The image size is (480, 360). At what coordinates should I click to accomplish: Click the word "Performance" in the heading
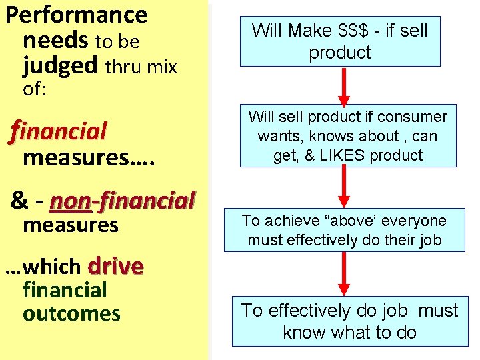point(76,14)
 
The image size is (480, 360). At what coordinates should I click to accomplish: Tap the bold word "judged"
point(60,66)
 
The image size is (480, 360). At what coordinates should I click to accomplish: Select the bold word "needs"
point(56,41)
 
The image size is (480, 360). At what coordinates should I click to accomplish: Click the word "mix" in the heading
point(164,66)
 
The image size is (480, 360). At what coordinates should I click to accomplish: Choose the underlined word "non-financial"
point(122,200)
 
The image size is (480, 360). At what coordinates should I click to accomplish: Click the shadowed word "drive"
point(115,266)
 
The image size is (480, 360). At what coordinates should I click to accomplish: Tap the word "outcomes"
point(71,313)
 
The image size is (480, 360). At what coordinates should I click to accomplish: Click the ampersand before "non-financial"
point(19,200)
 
